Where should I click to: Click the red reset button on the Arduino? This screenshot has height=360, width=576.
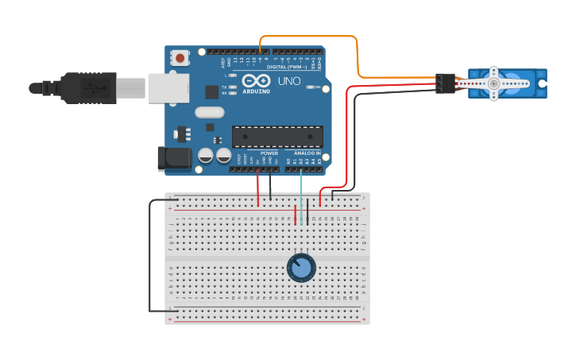pos(181,58)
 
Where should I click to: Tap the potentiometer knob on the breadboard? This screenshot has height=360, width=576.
pos(301,268)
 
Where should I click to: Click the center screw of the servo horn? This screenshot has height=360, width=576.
pos(493,83)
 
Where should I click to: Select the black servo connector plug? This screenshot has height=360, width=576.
pos(445,83)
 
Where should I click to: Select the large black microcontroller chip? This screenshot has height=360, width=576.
pos(277,137)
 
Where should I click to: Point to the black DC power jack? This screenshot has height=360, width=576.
pos(174,158)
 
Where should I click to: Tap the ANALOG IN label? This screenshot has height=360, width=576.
pos(307,153)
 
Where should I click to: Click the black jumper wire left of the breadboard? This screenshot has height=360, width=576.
pos(149,254)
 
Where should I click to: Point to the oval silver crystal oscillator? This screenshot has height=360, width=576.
pos(209,113)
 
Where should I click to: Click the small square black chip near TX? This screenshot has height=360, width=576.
pos(212,91)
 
